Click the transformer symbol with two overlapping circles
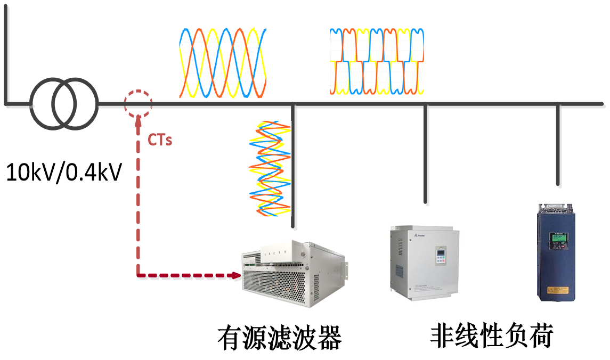64,103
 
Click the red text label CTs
160,141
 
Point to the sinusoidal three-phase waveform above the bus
223,63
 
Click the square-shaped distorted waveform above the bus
377,62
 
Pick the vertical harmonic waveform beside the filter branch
270,168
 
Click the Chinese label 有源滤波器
279,337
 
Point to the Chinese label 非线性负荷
492,336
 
